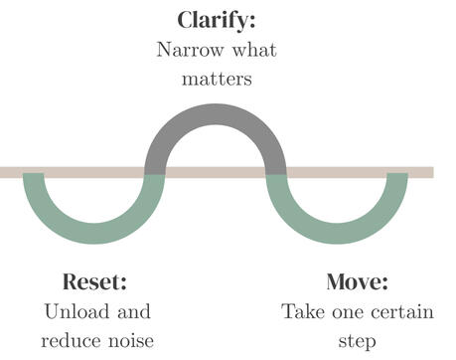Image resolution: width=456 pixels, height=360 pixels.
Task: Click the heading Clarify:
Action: pyautogui.click(x=216, y=19)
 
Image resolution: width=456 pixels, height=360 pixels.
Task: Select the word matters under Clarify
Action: pyautogui.click(x=216, y=79)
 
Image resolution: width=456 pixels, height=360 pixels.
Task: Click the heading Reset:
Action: pyautogui.click(x=95, y=281)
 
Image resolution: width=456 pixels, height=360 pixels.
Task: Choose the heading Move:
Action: pyautogui.click(x=357, y=281)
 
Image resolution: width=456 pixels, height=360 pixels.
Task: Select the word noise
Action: pyautogui.click(x=129, y=341)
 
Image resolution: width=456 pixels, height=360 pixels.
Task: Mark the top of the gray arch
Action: pyautogui.click(x=216, y=110)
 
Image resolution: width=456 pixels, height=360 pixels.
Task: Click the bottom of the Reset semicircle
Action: pyautogui.click(x=93, y=236)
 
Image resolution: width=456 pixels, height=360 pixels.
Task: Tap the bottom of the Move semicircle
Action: pyautogui.click(x=338, y=236)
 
